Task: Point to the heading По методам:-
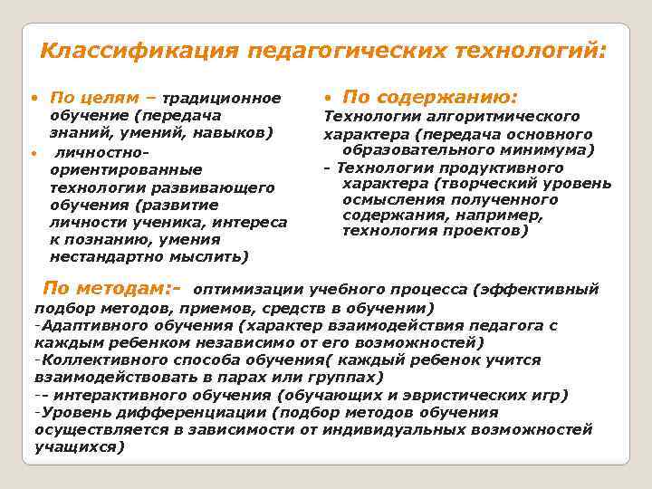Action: click(111, 289)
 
